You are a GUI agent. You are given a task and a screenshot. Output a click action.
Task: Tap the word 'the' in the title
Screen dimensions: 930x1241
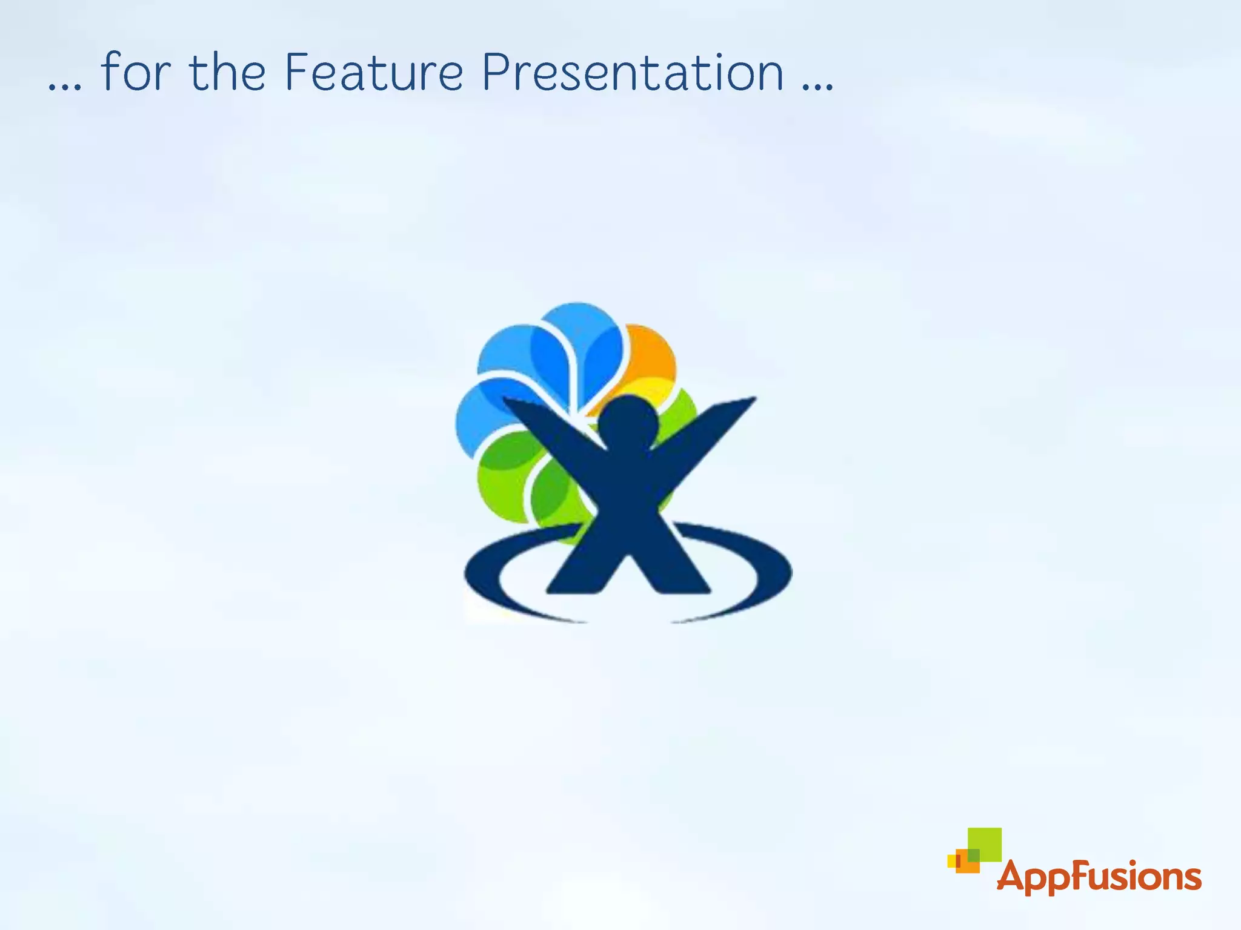point(227,73)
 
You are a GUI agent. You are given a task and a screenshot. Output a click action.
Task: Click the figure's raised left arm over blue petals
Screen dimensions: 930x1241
point(545,424)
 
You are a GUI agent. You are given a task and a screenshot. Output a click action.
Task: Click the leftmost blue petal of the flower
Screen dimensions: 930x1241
point(479,418)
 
